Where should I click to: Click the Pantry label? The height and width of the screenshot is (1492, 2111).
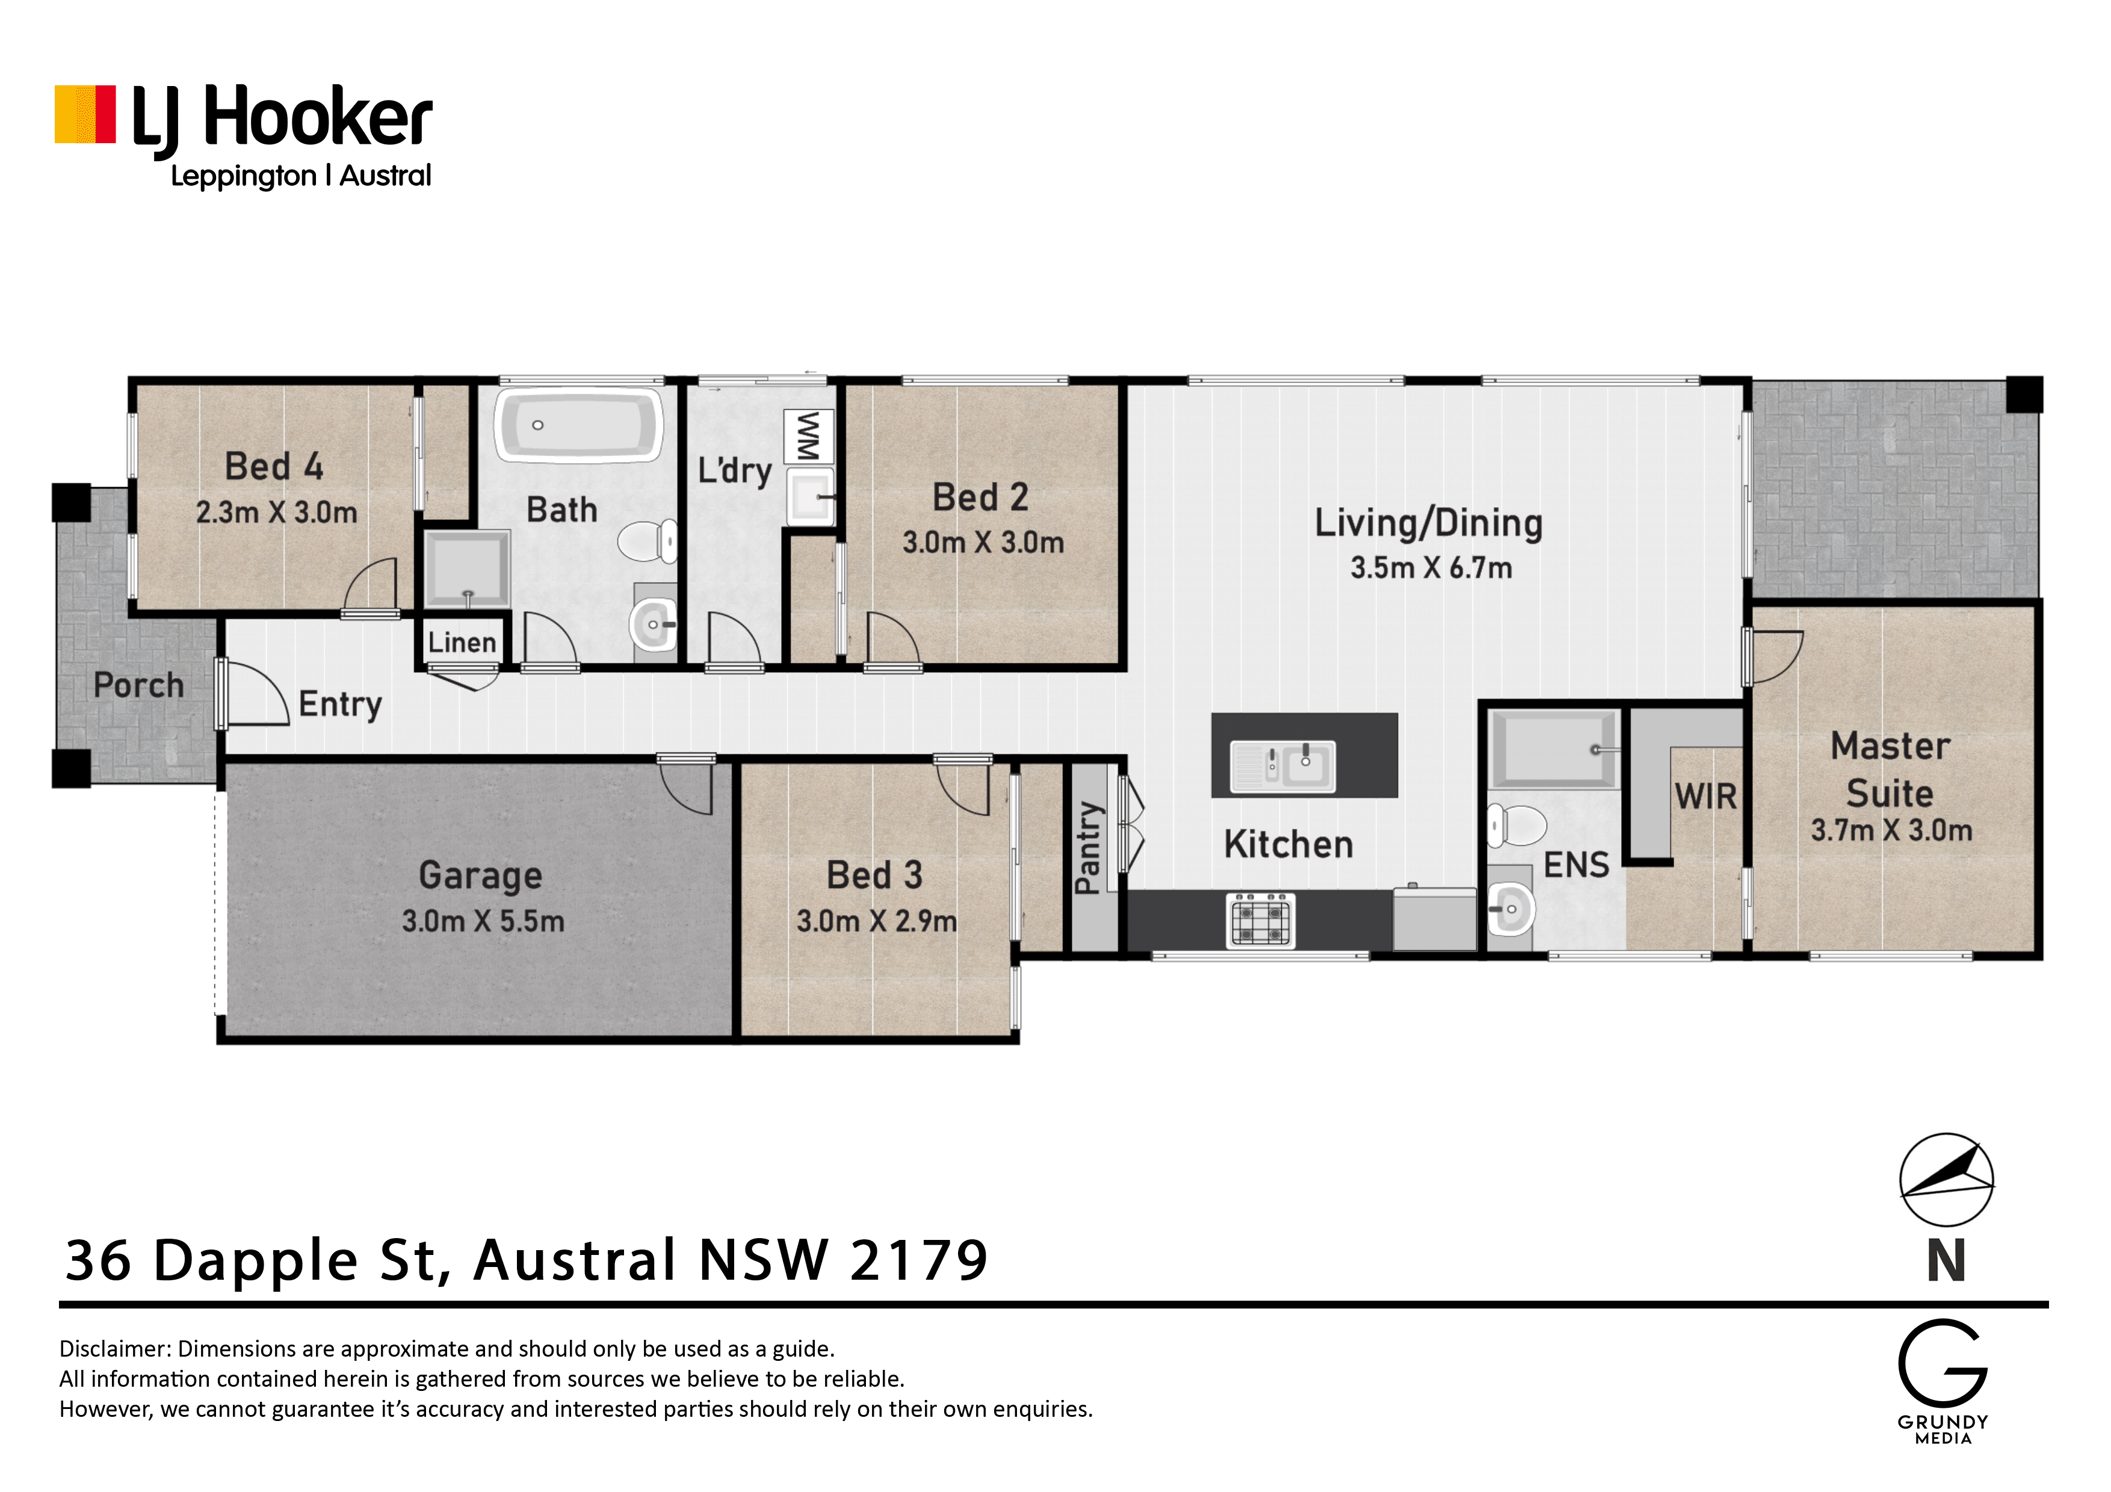[1089, 848]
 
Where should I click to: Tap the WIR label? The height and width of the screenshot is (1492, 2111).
[1705, 797]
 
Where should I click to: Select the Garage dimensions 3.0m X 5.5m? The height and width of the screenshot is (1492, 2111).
[483, 921]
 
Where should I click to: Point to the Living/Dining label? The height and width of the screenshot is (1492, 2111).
[1428, 523]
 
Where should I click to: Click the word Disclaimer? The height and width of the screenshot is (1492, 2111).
[115, 1349]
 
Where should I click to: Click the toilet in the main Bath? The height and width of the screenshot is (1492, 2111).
[648, 540]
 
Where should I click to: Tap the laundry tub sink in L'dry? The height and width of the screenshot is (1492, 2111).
[810, 498]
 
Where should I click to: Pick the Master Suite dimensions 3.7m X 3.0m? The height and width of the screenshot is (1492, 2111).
[1891, 830]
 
